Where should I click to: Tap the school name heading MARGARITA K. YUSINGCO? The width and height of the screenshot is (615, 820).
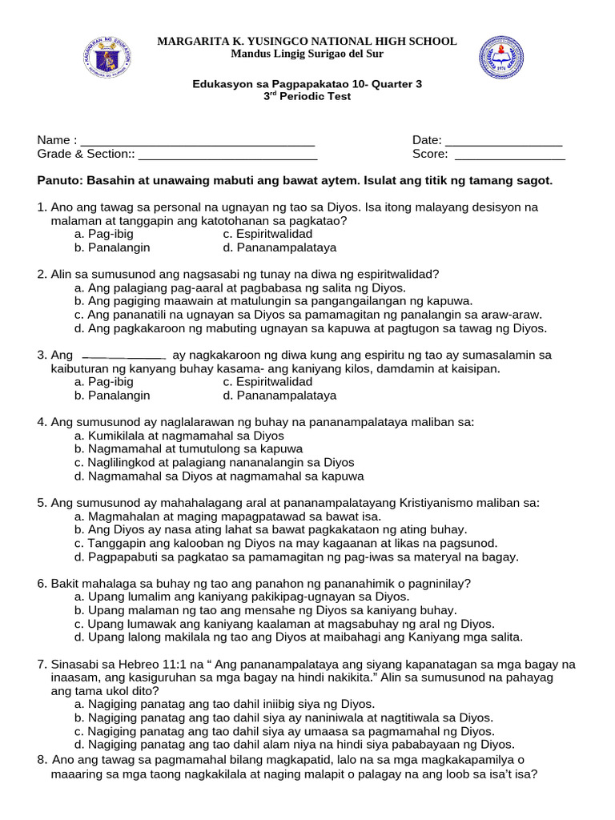[x=307, y=41]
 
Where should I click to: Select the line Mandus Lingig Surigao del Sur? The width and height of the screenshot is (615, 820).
[x=307, y=54]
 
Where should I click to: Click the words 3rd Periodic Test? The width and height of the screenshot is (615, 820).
[x=307, y=96]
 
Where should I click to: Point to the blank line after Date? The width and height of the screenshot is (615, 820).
[x=504, y=140]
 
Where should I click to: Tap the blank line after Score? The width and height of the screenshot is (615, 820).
[x=509, y=155]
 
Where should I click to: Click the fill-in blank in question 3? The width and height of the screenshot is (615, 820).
[x=124, y=356]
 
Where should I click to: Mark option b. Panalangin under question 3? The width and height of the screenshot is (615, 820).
[x=112, y=396]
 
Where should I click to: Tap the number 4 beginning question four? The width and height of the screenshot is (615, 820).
[x=41, y=422]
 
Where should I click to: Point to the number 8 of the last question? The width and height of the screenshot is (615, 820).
[x=41, y=760]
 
